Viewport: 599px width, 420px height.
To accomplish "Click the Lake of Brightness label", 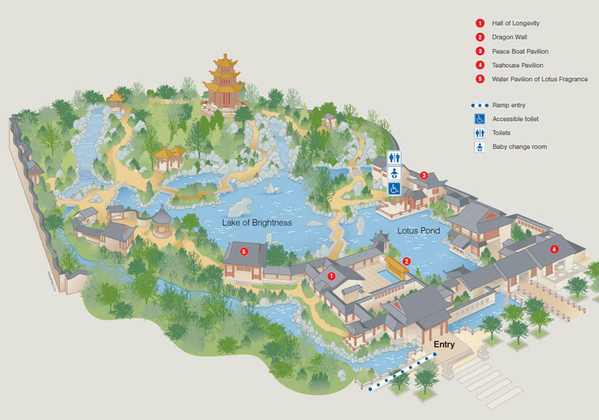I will [x=257, y=223].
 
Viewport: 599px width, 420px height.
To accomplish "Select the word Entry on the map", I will [x=444, y=345].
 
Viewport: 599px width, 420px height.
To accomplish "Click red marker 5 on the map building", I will [x=244, y=251].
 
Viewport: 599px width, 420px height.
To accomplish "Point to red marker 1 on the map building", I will [x=331, y=276].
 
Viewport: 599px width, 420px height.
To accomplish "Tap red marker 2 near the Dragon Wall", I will [x=407, y=261].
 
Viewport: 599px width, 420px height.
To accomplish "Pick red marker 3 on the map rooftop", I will [x=424, y=175].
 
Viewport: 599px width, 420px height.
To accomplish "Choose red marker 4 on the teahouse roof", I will [x=554, y=249].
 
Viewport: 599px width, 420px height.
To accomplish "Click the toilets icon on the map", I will [x=395, y=157].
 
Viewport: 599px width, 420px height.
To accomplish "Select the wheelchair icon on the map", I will [x=395, y=189].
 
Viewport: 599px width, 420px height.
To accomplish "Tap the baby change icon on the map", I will [x=395, y=173].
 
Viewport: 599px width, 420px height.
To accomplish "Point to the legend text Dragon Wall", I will [x=509, y=37].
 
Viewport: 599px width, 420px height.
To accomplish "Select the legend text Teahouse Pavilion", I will [x=518, y=65].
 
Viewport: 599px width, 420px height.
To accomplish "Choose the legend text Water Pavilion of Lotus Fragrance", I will [x=540, y=79].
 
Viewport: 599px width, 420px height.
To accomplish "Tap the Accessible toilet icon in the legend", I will [x=479, y=119].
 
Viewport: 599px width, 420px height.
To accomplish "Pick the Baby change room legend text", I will [x=519, y=147].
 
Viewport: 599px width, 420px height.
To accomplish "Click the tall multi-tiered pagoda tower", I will [x=224, y=83].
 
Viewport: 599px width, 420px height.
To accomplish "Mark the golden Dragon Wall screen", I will [x=395, y=266].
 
